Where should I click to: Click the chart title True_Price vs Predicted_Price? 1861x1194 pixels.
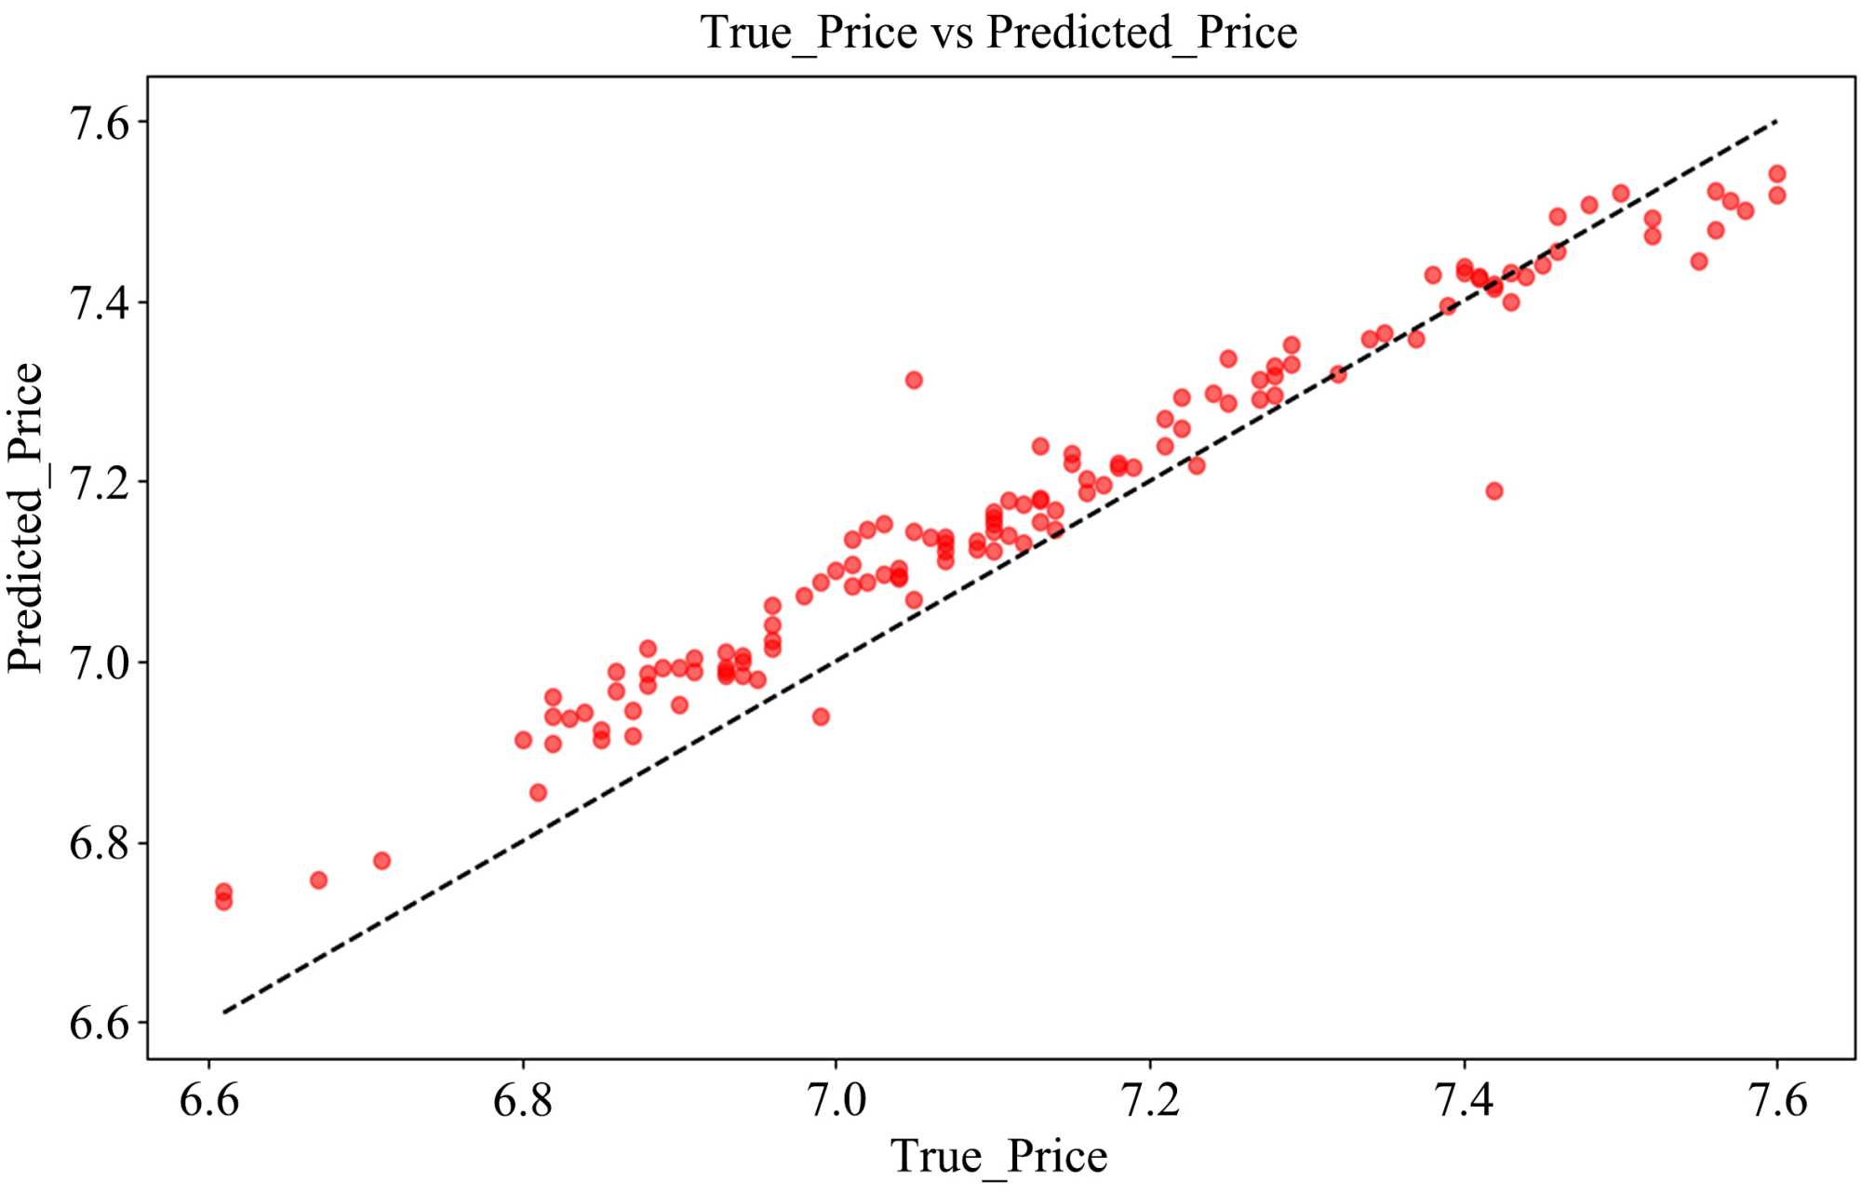pyautogui.click(x=998, y=33)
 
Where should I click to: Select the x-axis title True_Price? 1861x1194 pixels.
pyautogui.click(x=998, y=1157)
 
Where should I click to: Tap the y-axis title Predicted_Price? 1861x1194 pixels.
pyautogui.click(x=26, y=517)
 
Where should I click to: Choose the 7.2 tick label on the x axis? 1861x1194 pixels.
pyautogui.click(x=1150, y=1100)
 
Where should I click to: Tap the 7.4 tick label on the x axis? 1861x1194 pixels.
pyautogui.click(x=1464, y=1100)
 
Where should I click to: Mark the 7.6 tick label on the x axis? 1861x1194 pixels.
pyautogui.click(x=1777, y=1100)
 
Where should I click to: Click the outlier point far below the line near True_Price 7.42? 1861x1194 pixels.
pyautogui.click(x=1494, y=490)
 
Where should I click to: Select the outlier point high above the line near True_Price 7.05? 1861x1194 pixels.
pyautogui.click(x=914, y=380)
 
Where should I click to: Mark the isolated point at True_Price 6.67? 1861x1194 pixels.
pyautogui.click(x=318, y=879)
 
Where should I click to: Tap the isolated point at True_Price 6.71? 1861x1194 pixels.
pyautogui.click(x=382, y=860)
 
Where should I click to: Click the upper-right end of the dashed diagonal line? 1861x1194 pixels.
pyautogui.click(x=1775, y=122)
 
